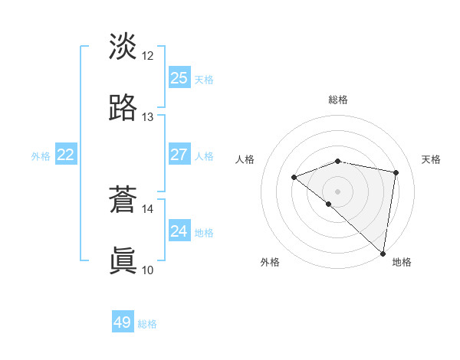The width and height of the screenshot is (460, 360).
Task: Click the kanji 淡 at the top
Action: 123,46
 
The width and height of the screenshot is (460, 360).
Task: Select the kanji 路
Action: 123,108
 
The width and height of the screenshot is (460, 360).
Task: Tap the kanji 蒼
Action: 123,200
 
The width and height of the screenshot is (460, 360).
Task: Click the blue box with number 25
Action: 179,78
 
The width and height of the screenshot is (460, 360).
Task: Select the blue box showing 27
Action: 179,155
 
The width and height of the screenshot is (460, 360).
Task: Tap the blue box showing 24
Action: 179,231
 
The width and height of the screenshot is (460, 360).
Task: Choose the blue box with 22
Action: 66,155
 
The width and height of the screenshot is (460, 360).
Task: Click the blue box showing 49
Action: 123,322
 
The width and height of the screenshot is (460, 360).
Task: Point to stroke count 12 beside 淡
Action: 148,56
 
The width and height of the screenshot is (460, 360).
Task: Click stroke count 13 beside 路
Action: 148,117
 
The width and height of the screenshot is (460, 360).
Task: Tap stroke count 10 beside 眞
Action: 148,270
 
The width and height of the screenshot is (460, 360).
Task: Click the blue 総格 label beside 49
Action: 148,324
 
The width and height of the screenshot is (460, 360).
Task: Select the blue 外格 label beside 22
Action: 41,156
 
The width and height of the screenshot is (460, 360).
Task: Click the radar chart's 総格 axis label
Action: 338,100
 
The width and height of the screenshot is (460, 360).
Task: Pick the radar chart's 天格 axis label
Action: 431,159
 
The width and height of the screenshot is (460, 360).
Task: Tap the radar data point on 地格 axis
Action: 383,253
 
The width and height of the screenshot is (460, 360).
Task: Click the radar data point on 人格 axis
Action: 294,178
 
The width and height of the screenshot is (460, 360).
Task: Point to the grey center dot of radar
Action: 338,191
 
